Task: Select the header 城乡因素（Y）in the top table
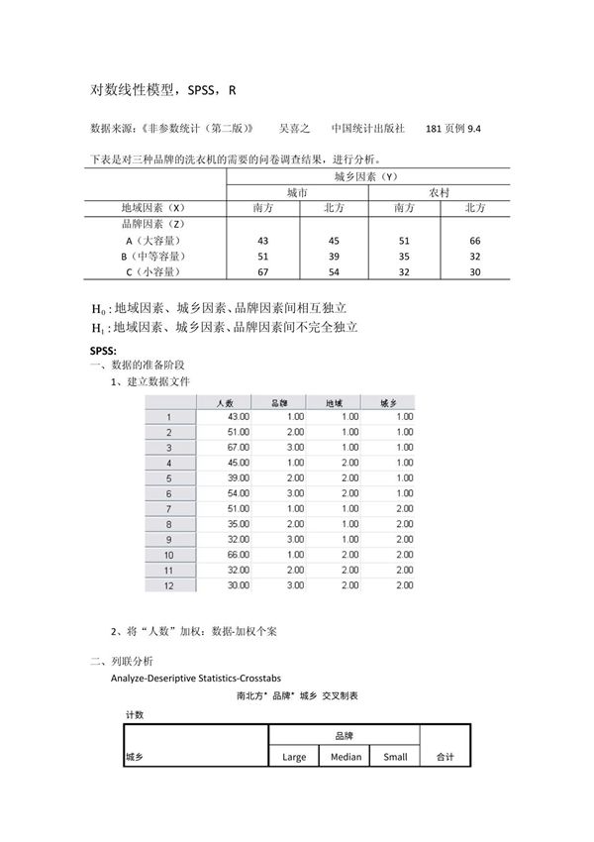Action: pos(367,176)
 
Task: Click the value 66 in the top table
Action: pos(474,241)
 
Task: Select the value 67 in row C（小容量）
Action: pos(262,272)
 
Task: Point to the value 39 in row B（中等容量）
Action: pos(333,257)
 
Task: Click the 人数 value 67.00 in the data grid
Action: pos(238,447)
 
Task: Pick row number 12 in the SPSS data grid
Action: pos(168,585)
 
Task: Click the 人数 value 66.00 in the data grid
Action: pos(238,555)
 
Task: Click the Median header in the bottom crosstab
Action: pos(344,757)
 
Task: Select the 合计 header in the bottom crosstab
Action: pos(444,757)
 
